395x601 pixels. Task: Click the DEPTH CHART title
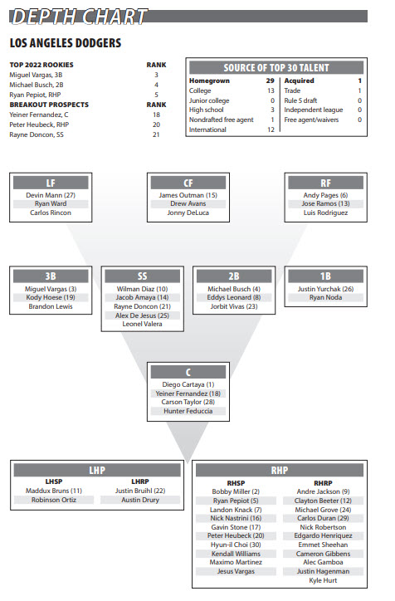[79, 17]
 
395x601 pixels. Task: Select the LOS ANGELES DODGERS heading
[66, 43]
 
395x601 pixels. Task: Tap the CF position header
[188, 183]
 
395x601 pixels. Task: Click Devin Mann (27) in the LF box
[51, 195]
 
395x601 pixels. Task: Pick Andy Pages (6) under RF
[325, 195]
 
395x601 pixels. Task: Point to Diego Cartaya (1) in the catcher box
[188, 384]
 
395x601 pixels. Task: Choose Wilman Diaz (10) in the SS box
[142, 289]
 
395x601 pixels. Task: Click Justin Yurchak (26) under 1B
[325, 289]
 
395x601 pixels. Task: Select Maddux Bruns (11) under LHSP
[54, 491]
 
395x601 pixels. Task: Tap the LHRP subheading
[140, 481]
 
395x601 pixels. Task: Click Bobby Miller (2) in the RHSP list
[236, 491]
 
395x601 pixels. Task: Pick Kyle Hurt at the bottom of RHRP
[323, 580]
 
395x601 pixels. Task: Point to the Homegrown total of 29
[270, 81]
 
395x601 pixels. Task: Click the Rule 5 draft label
[300, 100]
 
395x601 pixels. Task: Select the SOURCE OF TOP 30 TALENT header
[276, 68]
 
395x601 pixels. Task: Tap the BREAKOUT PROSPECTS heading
[49, 105]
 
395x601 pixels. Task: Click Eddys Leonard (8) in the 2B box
[234, 297]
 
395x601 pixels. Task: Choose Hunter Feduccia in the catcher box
[188, 411]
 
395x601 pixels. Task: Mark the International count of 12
[271, 129]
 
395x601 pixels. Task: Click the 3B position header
[51, 276]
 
